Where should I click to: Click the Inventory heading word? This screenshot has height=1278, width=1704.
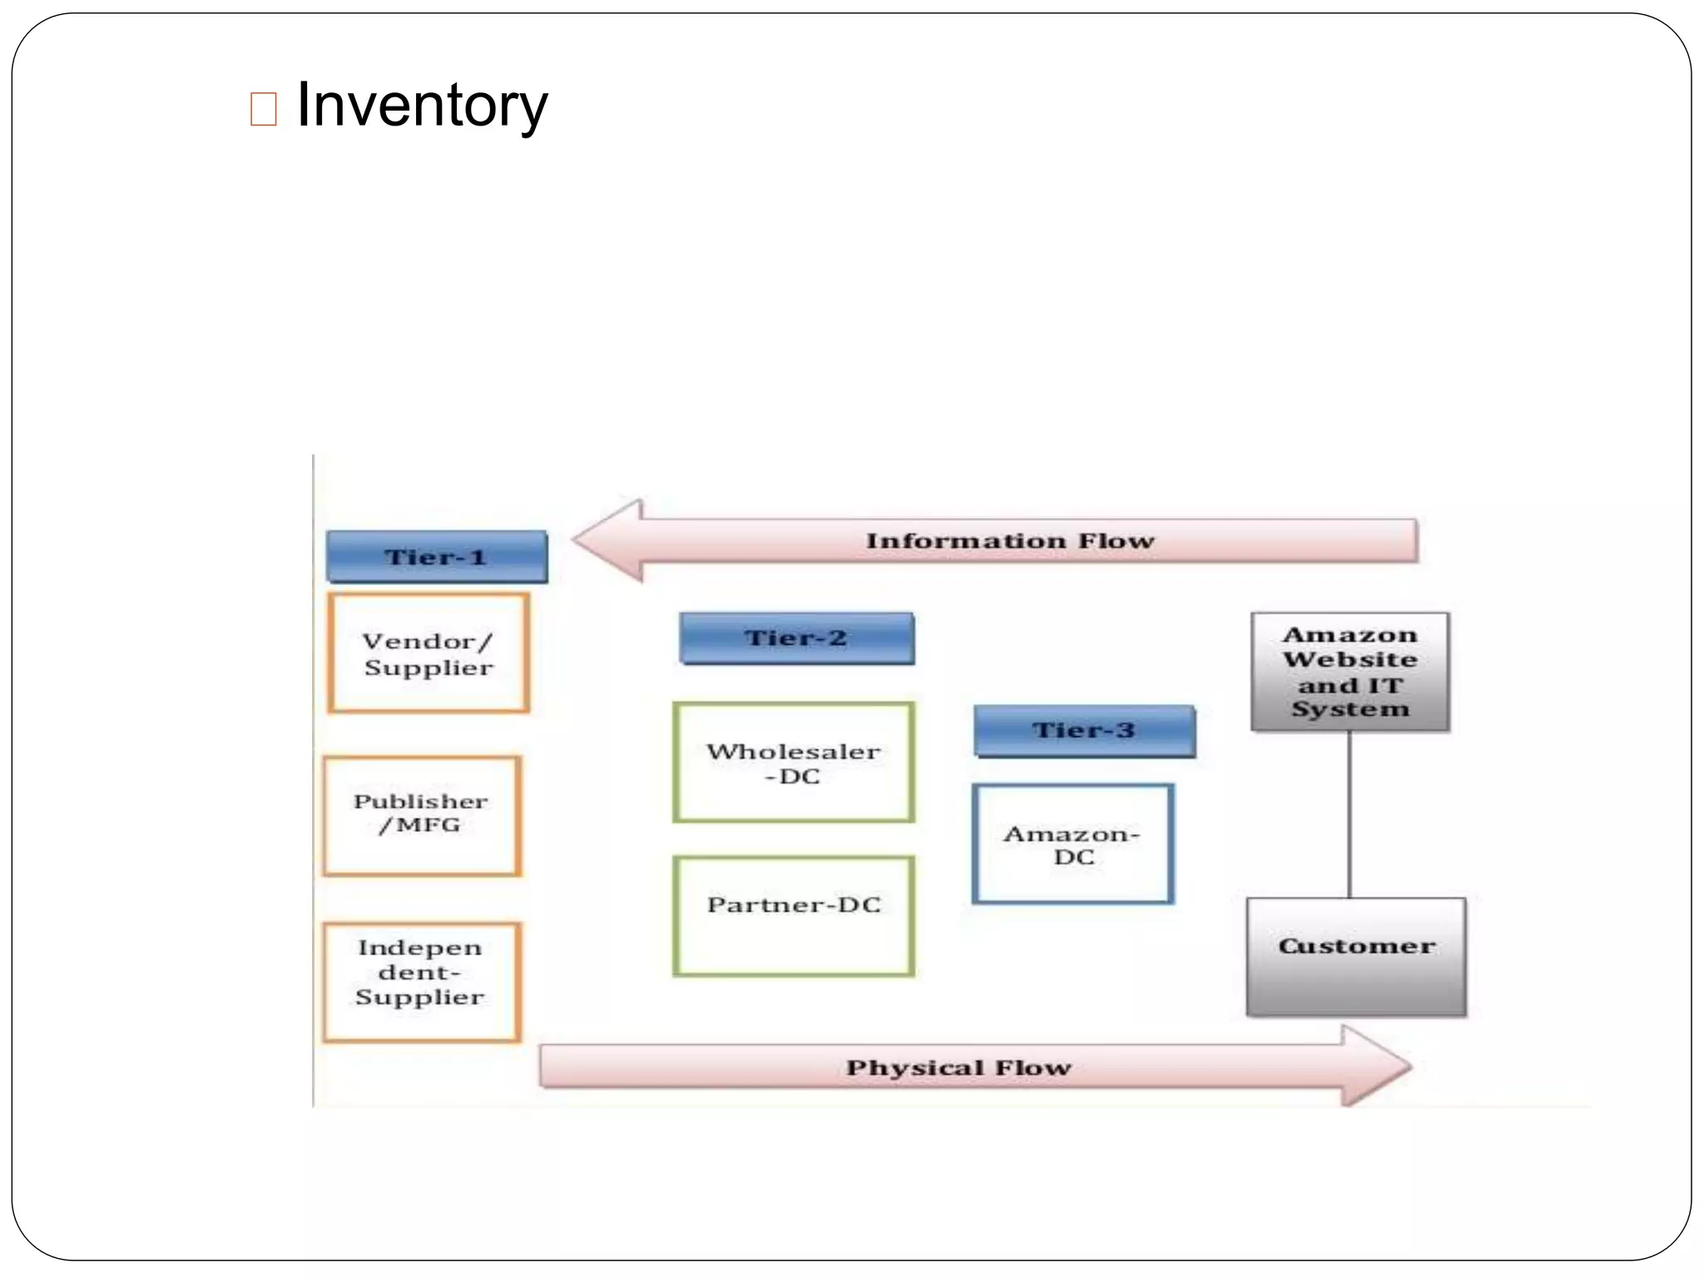tap(422, 106)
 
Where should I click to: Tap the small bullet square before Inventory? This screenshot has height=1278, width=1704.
tap(263, 109)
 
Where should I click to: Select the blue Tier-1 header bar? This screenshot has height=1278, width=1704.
tap(437, 557)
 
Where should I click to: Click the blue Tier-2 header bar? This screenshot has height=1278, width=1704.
tap(796, 638)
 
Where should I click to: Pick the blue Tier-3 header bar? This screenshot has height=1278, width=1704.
tap(1084, 731)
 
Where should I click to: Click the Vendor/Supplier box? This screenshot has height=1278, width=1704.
tap(428, 653)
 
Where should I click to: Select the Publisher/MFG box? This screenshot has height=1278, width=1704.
tap(422, 815)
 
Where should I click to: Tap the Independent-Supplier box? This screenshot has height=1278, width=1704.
tap(422, 981)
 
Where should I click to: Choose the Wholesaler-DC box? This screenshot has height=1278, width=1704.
tap(794, 763)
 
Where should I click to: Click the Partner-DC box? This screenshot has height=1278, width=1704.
tap(794, 915)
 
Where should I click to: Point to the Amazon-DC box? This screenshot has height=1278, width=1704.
tap(1072, 844)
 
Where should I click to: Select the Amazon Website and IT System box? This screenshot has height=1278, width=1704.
tap(1350, 671)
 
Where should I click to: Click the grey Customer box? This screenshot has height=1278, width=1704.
tap(1356, 957)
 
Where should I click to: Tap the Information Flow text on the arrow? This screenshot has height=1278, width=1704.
tap(1010, 541)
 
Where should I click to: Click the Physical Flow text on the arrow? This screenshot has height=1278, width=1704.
tap(958, 1067)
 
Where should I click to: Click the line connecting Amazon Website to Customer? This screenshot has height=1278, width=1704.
tap(1349, 815)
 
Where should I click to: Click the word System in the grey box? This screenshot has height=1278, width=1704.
tap(1350, 710)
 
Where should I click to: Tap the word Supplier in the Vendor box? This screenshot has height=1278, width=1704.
tap(428, 668)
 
